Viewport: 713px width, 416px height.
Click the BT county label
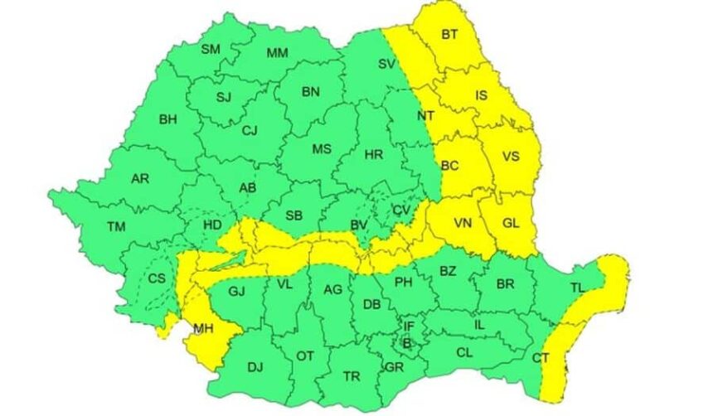coord(450,35)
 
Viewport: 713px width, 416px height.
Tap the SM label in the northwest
coord(211,50)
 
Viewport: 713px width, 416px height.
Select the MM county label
coord(277,54)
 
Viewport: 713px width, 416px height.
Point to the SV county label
coord(386,64)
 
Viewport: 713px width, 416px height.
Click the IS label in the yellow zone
coord(481,96)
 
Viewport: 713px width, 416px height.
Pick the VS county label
coord(511,156)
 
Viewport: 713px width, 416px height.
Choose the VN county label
coord(463,222)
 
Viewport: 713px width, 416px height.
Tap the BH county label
coord(168,119)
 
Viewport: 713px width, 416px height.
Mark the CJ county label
coord(250,130)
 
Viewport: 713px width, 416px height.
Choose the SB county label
coord(293,215)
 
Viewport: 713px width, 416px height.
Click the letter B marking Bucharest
coord(406,341)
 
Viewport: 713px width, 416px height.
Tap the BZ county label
coord(448,271)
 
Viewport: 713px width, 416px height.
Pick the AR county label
coord(139,178)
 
